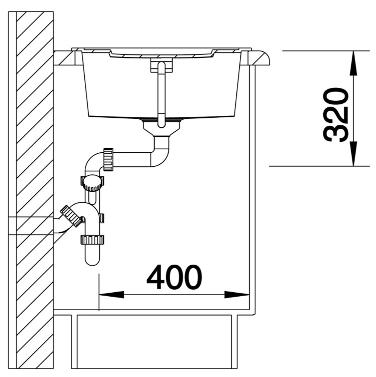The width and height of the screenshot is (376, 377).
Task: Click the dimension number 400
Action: [175, 277]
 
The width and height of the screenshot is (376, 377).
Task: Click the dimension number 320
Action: [336, 115]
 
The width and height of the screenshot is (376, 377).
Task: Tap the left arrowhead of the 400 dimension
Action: [111, 295]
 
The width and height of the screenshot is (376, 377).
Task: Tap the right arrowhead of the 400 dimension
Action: [237, 295]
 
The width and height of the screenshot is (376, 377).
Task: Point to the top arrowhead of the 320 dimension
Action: [354, 63]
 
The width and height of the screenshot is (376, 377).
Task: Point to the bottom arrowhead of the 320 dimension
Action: [354, 153]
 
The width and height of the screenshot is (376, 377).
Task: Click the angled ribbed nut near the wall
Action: [71, 216]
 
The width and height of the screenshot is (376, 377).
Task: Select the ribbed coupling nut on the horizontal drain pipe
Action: [108, 159]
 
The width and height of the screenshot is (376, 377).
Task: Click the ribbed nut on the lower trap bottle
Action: [92, 240]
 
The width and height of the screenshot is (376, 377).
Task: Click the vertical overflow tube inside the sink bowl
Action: [161, 94]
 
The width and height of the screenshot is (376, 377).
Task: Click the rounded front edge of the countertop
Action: [260, 58]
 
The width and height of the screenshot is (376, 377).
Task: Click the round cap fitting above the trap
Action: [92, 183]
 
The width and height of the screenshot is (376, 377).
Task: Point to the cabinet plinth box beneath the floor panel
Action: [155, 342]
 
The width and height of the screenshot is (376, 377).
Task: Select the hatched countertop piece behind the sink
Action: [64, 58]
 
